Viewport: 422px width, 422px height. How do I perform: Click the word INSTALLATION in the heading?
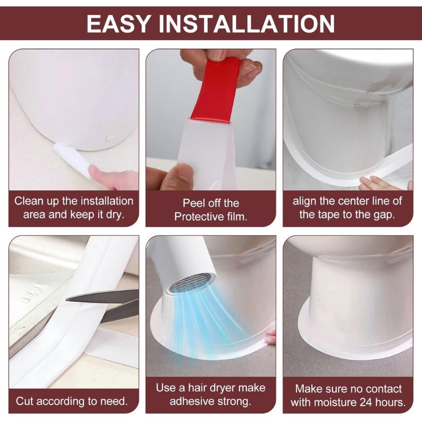click(247, 24)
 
